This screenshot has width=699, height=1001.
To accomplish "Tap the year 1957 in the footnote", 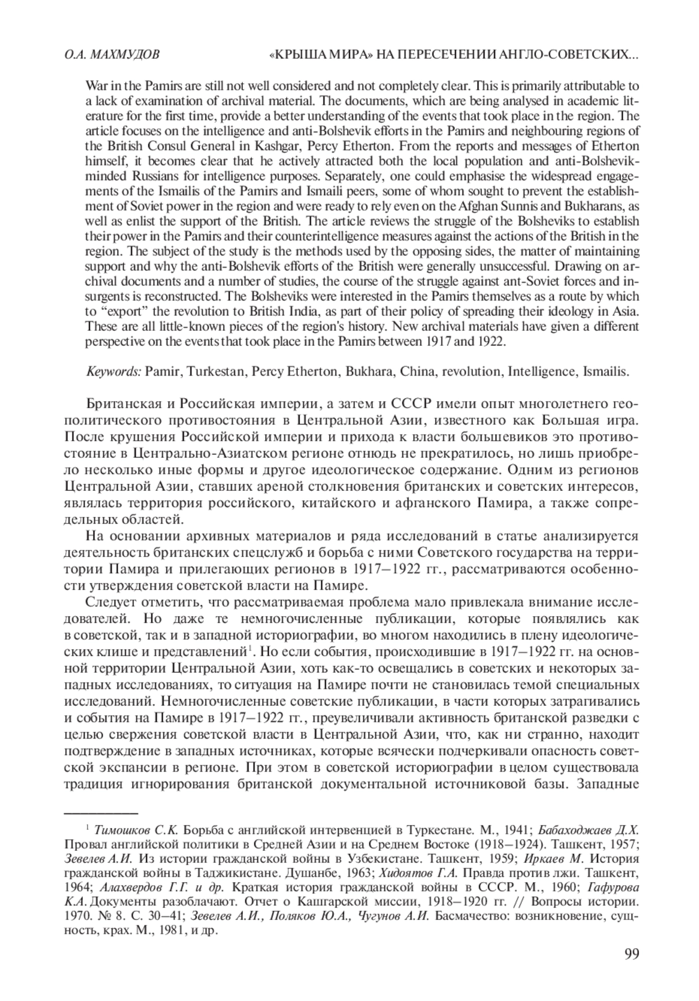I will (x=626, y=844).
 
